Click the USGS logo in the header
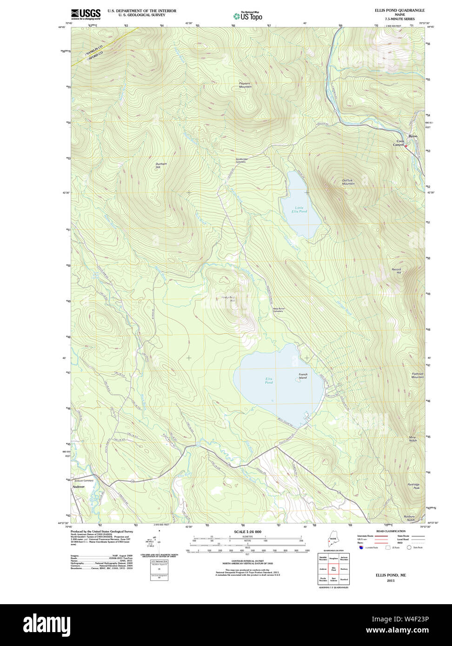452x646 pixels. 86,14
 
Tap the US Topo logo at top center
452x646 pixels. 247,16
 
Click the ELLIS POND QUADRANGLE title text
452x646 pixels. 399,10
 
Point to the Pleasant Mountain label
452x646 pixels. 245,85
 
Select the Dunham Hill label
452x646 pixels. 161,165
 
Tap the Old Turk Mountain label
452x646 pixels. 348,182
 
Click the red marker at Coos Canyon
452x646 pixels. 406,146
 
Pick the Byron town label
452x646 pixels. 412,136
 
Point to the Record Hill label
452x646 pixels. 396,271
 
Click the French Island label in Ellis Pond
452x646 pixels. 303,376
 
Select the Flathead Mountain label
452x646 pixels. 418,375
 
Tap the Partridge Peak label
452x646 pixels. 413,486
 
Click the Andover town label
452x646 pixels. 79,487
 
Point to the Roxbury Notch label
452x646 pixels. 409,518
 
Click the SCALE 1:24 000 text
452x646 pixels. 247,532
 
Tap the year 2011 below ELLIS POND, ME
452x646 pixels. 391,580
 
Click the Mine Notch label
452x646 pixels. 412,438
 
